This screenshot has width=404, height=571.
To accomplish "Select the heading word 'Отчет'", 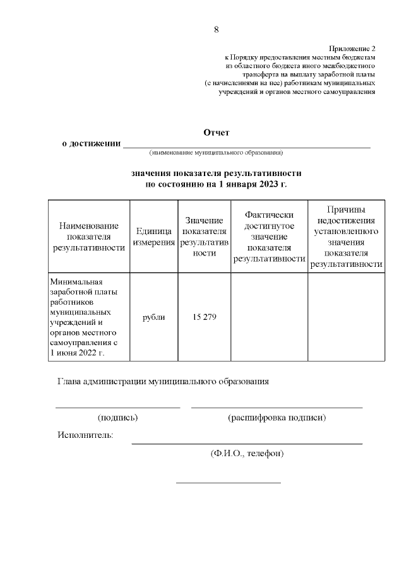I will click(216, 132).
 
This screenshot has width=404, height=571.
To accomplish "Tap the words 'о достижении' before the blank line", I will click(91, 144).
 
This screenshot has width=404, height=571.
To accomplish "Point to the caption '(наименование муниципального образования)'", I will click(216, 153).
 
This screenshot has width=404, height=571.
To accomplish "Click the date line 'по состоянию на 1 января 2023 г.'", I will click(216, 184).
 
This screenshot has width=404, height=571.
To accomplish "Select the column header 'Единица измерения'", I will click(153, 237).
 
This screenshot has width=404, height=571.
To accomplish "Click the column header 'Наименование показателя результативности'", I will click(88, 237).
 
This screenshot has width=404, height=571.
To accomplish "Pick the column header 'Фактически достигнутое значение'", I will click(269, 237).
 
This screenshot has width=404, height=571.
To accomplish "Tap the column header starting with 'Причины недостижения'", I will click(346, 237).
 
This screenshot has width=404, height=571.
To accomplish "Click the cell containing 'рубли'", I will click(153, 317).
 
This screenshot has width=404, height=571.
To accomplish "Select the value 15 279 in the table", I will click(204, 317).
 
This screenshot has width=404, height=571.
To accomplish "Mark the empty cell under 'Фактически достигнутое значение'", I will click(269, 317).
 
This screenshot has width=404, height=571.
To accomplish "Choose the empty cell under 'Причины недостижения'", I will click(346, 317).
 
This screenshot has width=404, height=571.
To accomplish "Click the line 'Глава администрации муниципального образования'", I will click(163, 382).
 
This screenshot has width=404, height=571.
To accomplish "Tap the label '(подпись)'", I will click(117, 418).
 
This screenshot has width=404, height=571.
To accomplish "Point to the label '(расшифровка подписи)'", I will click(276, 418).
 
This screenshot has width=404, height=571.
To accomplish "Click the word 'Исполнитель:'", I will click(85, 435).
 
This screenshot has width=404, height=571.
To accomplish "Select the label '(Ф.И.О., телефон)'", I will click(247, 453).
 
